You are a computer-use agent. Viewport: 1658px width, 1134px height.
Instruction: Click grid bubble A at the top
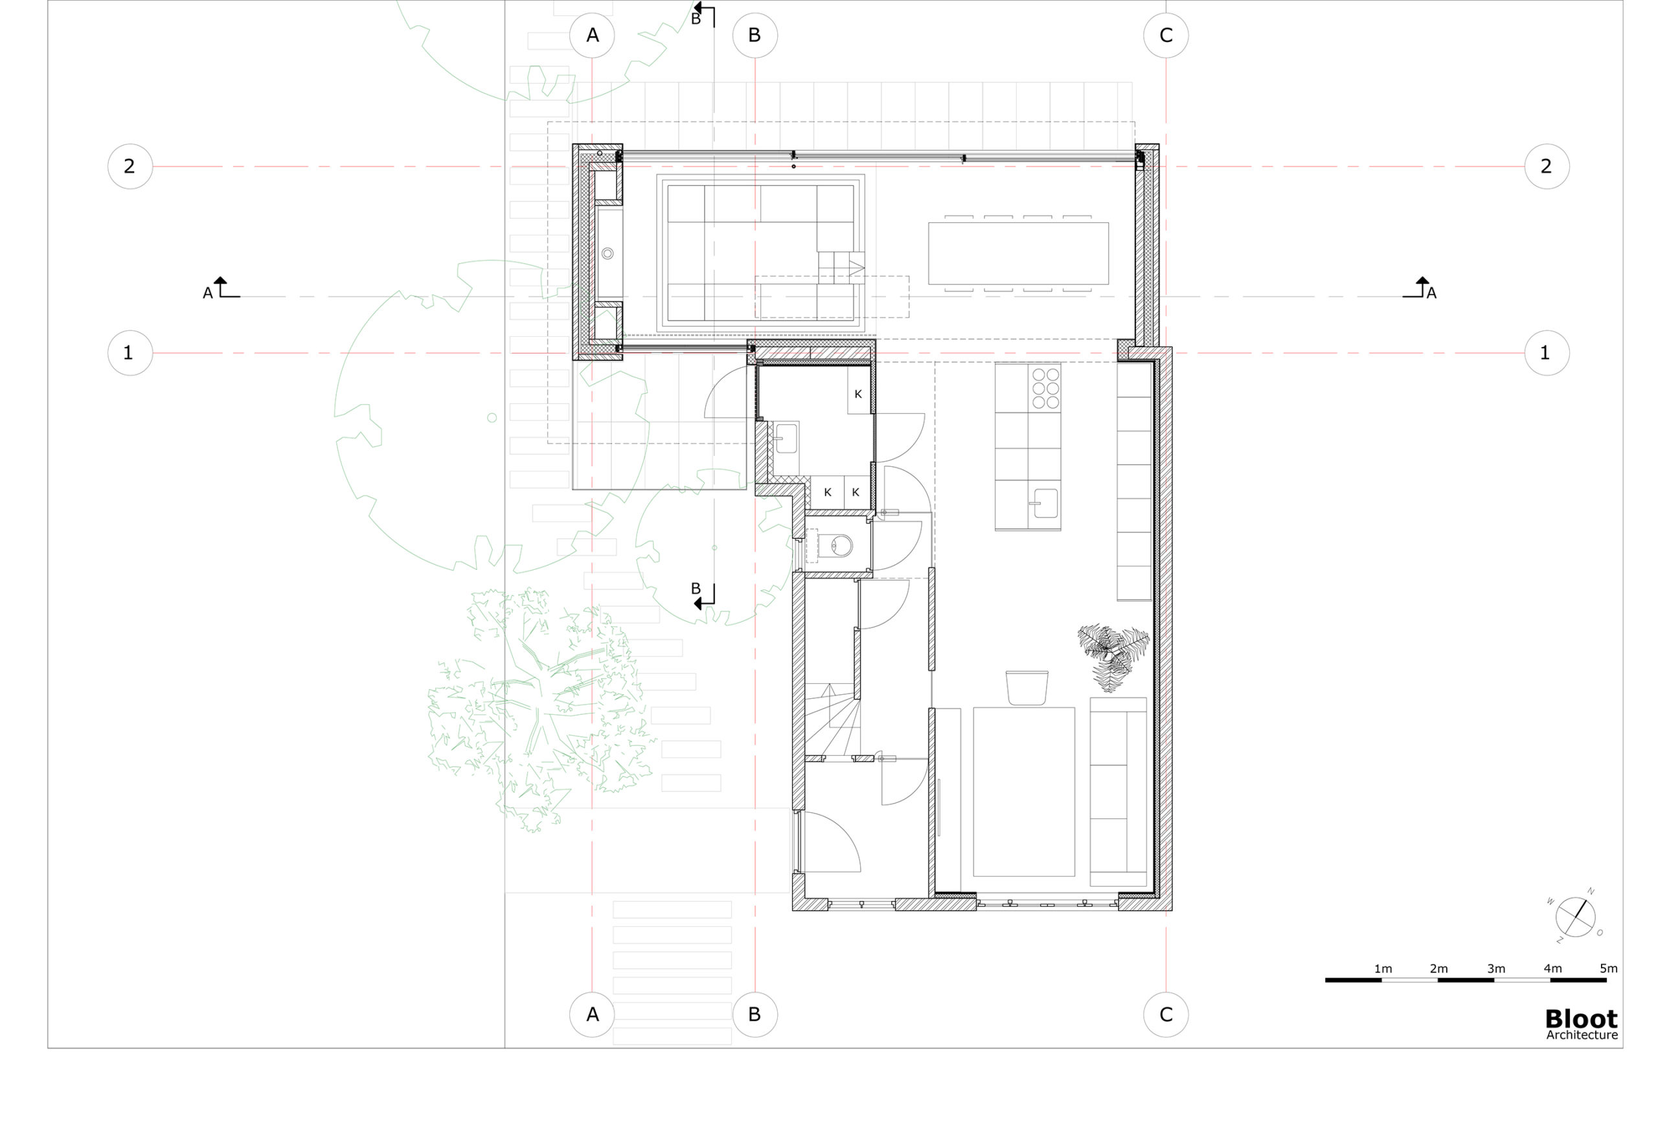pyautogui.click(x=592, y=36)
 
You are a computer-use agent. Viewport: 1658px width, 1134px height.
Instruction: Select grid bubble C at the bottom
pyautogui.click(x=1166, y=1014)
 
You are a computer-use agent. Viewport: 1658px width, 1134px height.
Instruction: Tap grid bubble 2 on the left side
pyautogui.click(x=130, y=166)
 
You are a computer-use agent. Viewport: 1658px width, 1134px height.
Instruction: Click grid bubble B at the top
pyautogui.click(x=755, y=36)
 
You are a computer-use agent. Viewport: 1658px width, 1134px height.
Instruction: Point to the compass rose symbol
pyautogui.click(x=1575, y=917)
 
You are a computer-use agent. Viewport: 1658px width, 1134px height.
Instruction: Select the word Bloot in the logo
pyautogui.click(x=1581, y=1019)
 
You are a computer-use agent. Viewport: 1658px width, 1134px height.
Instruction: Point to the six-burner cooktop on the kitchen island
pyautogui.click(x=1045, y=389)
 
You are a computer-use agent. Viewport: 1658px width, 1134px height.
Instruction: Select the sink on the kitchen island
pyautogui.click(x=1045, y=503)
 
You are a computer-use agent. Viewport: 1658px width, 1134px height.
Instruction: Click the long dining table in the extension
pyautogui.click(x=1018, y=253)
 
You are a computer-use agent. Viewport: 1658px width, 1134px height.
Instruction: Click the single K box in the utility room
pyautogui.click(x=859, y=394)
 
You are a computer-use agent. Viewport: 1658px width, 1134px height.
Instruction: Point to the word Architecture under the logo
pyautogui.click(x=1582, y=1036)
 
